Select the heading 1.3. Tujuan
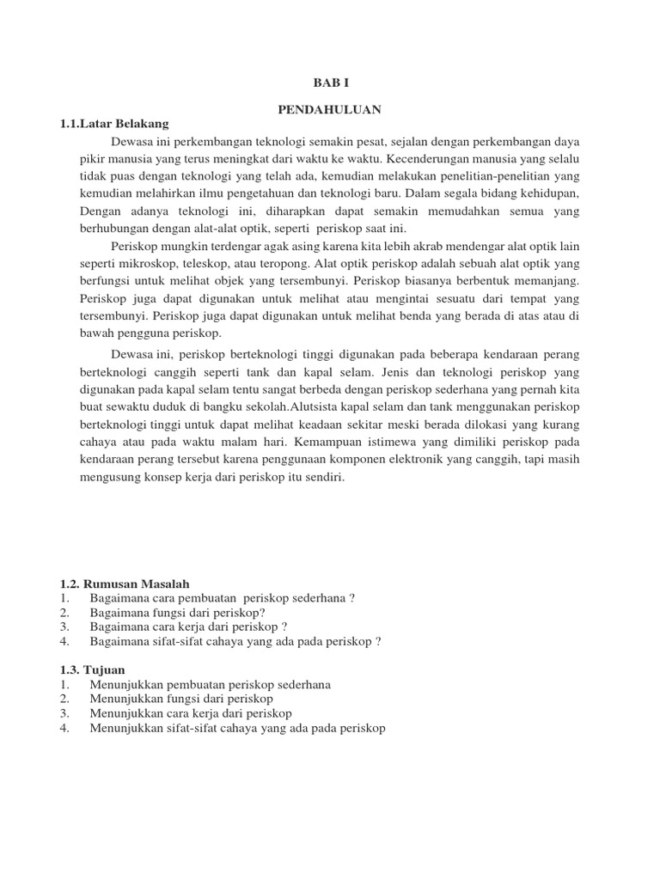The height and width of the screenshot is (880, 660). (x=93, y=669)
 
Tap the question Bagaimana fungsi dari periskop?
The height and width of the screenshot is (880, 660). (x=177, y=613)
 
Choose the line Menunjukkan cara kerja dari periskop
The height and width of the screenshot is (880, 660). (x=190, y=713)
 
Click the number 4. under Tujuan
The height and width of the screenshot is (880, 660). (x=64, y=728)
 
